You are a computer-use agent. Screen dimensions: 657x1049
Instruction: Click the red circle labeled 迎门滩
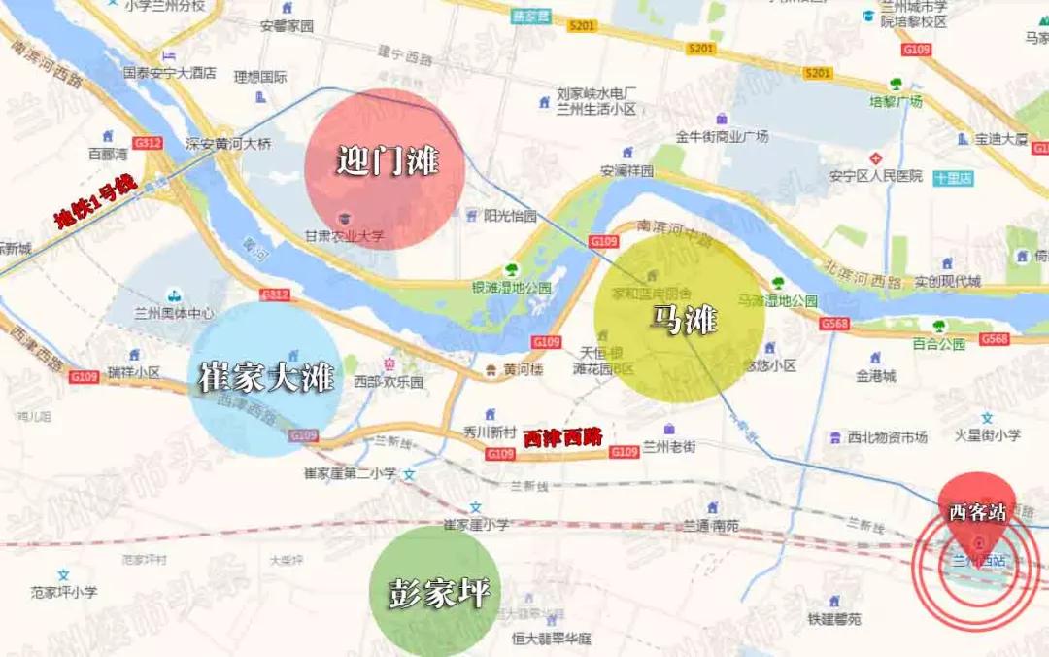tap(385, 167)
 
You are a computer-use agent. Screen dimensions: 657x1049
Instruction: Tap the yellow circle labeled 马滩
tap(680, 319)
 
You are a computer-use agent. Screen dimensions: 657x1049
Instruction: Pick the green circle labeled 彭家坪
tap(436, 590)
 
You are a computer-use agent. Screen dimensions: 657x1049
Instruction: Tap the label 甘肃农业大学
tap(345, 236)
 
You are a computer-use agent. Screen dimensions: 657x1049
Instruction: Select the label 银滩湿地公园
tap(511, 288)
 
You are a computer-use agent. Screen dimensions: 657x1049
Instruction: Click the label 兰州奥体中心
tap(175, 314)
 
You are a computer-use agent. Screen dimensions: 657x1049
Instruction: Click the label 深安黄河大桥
tap(229, 144)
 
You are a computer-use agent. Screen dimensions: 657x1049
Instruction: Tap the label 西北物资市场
tap(887, 437)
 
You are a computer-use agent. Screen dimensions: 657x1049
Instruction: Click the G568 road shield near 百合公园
tap(994, 339)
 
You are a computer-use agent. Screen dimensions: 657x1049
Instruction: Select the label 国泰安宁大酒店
tap(169, 72)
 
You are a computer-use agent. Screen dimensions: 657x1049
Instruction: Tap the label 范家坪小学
tap(63, 591)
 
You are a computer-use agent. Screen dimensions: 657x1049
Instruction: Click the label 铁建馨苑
tap(833, 619)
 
